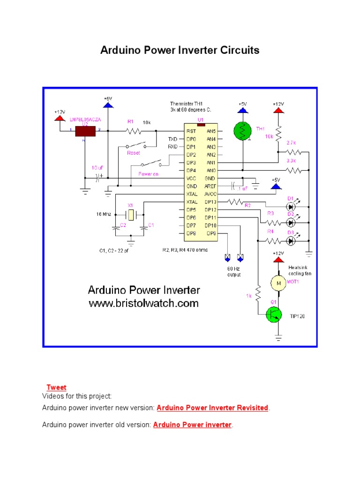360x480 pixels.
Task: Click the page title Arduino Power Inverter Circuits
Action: tap(180, 50)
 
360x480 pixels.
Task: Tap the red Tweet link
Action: tap(56, 388)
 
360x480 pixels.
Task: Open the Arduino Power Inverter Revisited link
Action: tap(212, 408)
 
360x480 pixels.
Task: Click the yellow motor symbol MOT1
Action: tap(277, 283)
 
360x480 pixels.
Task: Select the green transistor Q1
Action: tap(273, 314)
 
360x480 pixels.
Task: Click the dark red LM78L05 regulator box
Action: tap(85, 131)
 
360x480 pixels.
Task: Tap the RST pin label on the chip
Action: tap(191, 132)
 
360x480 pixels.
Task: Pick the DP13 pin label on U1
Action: tap(210, 202)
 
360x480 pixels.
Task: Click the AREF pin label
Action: tap(210, 186)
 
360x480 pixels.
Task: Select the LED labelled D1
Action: tap(292, 206)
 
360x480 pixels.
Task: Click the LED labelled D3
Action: tap(292, 241)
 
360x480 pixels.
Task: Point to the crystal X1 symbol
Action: tap(131, 214)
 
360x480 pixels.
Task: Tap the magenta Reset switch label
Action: tap(134, 153)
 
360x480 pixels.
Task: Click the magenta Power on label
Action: tap(148, 173)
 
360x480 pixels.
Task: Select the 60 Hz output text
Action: tap(234, 272)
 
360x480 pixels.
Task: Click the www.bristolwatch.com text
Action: tap(144, 303)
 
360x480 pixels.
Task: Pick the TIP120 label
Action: tap(296, 316)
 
